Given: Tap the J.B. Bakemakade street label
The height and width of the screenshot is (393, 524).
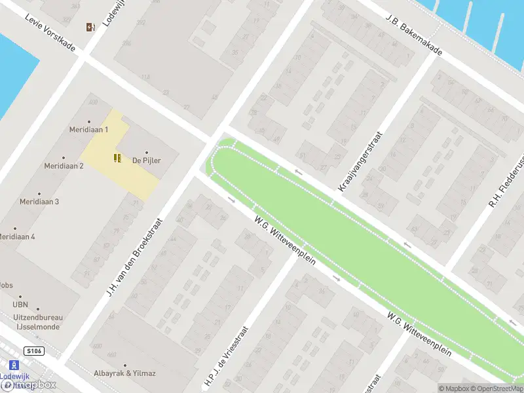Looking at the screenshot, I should pyautogui.click(x=414, y=35).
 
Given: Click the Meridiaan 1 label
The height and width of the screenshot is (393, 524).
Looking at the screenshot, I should pyautogui.click(x=88, y=130).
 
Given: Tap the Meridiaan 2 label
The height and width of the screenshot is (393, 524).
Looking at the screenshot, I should pyautogui.click(x=64, y=166).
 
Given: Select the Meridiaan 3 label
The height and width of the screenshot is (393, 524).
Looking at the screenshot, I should pyautogui.click(x=39, y=202).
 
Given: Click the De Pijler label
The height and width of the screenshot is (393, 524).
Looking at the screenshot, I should pyautogui.click(x=146, y=160).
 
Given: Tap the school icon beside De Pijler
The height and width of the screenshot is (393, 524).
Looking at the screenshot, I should pyautogui.click(x=117, y=157).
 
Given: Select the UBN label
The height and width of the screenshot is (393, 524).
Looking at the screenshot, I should pyautogui.click(x=20, y=305).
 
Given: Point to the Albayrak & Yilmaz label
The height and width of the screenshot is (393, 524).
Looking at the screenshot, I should pyautogui.click(x=124, y=373).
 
